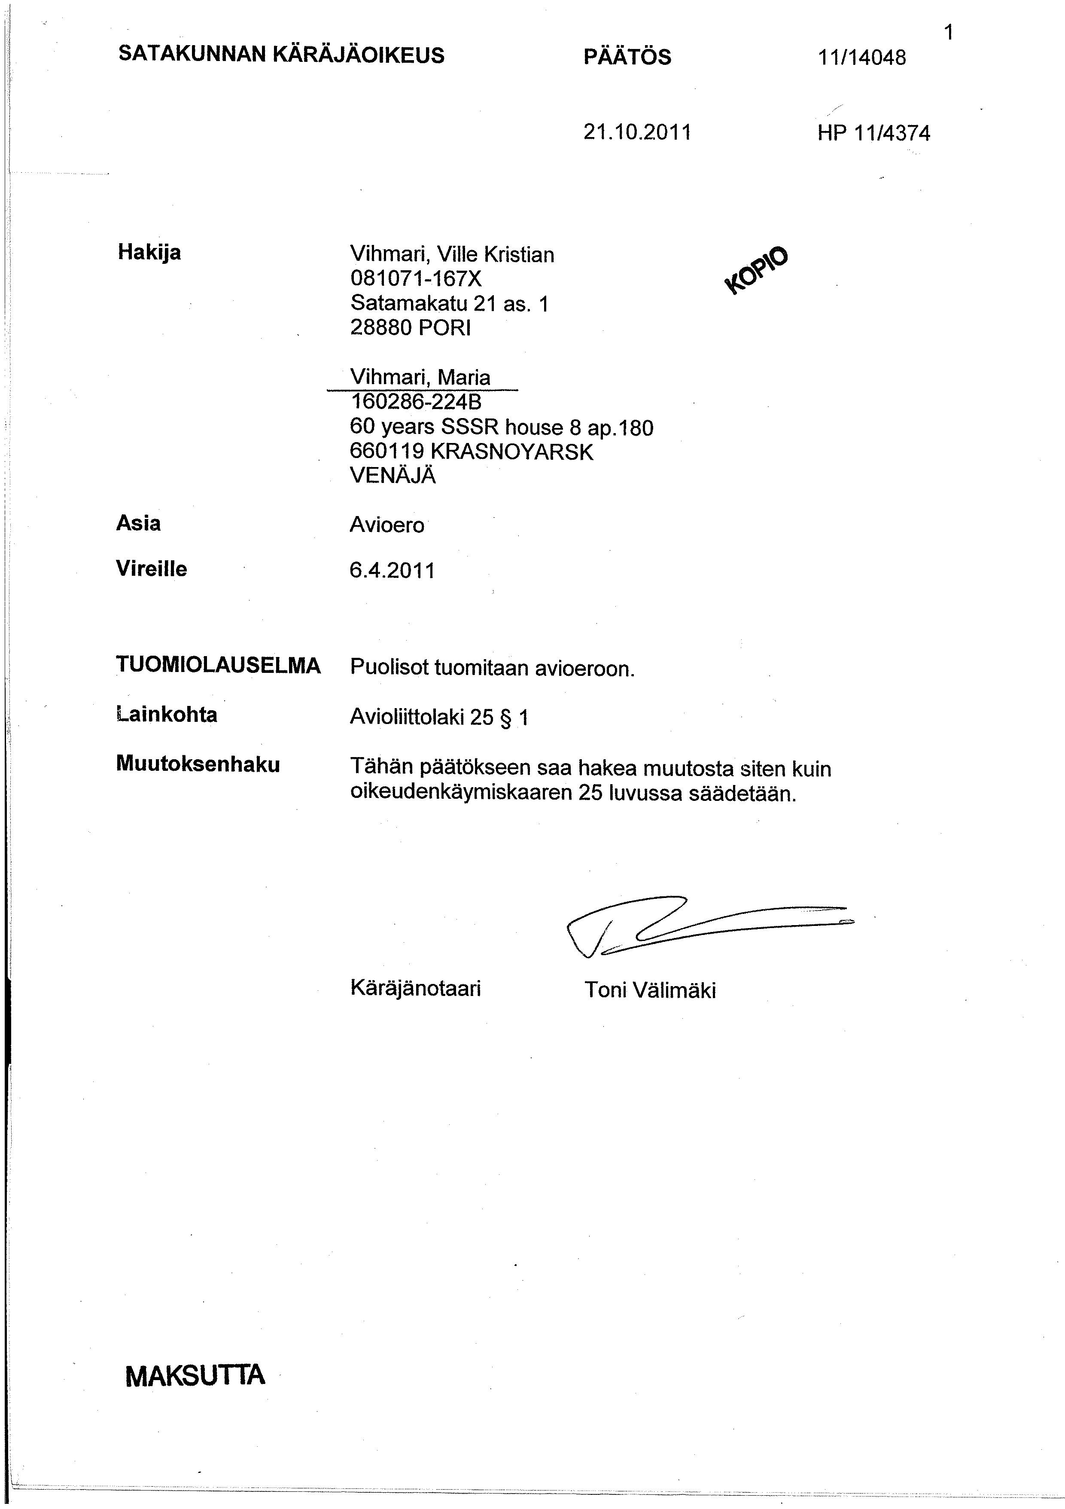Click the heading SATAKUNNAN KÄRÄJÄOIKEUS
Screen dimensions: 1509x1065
(281, 55)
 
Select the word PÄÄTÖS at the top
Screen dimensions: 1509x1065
(627, 57)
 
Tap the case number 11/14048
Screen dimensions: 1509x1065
(861, 58)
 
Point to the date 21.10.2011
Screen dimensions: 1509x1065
(637, 133)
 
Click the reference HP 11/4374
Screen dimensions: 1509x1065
(874, 134)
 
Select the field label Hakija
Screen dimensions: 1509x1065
(149, 252)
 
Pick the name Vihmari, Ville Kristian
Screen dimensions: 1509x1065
(452, 254)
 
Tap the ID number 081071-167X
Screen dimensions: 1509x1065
(416, 279)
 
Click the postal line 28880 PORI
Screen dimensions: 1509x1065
(411, 327)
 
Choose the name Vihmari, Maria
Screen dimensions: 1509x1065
(420, 377)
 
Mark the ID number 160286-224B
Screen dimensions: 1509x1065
(416, 402)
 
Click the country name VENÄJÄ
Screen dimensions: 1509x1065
(393, 475)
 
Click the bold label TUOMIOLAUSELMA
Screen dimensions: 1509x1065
(218, 666)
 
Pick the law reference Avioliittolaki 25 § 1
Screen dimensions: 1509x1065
(439, 717)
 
